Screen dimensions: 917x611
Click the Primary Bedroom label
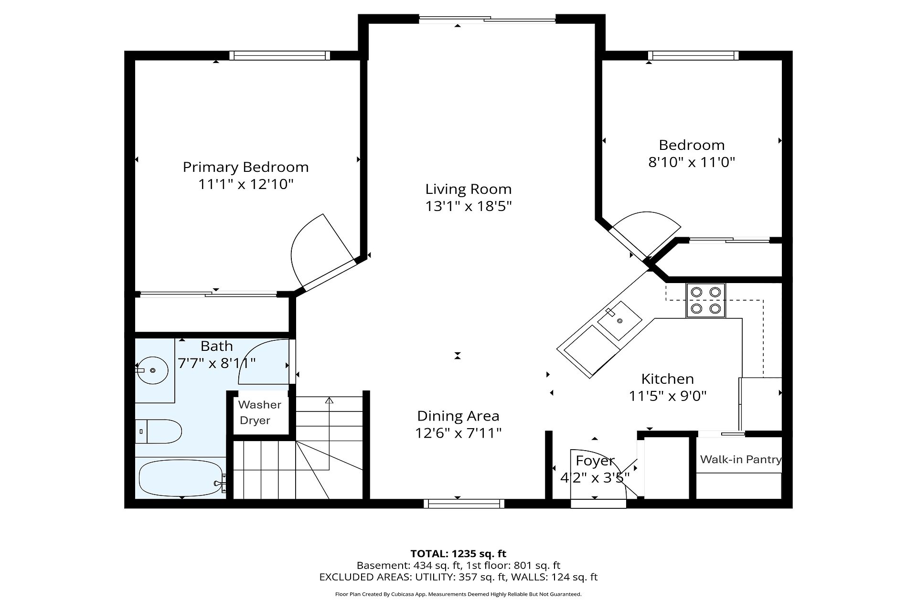(x=245, y=167)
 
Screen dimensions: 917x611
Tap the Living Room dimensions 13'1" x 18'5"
(x=469, y=206)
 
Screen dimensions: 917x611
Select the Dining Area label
(x=458, y=416)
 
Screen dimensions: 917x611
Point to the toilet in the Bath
(x=159, y=432)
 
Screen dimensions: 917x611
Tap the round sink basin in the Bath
(x=153, y=370)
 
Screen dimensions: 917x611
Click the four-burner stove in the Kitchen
(x=706, y=300)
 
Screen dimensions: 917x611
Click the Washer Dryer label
(x=259, y=412)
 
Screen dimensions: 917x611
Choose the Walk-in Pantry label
(x=741, y=460)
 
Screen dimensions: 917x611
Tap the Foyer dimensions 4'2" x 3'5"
(x=595, y=478)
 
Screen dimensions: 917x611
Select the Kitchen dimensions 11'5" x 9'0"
(x=668, y=396)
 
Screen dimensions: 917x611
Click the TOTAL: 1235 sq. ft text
(x=458, y=554)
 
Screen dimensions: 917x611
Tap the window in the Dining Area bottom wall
(x=464, y=503)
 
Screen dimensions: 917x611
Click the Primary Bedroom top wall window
(x=279, y=55)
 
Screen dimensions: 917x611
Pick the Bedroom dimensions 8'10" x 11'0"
(x=691, y=162)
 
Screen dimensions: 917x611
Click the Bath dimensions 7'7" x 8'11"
(x=217, y=363)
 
